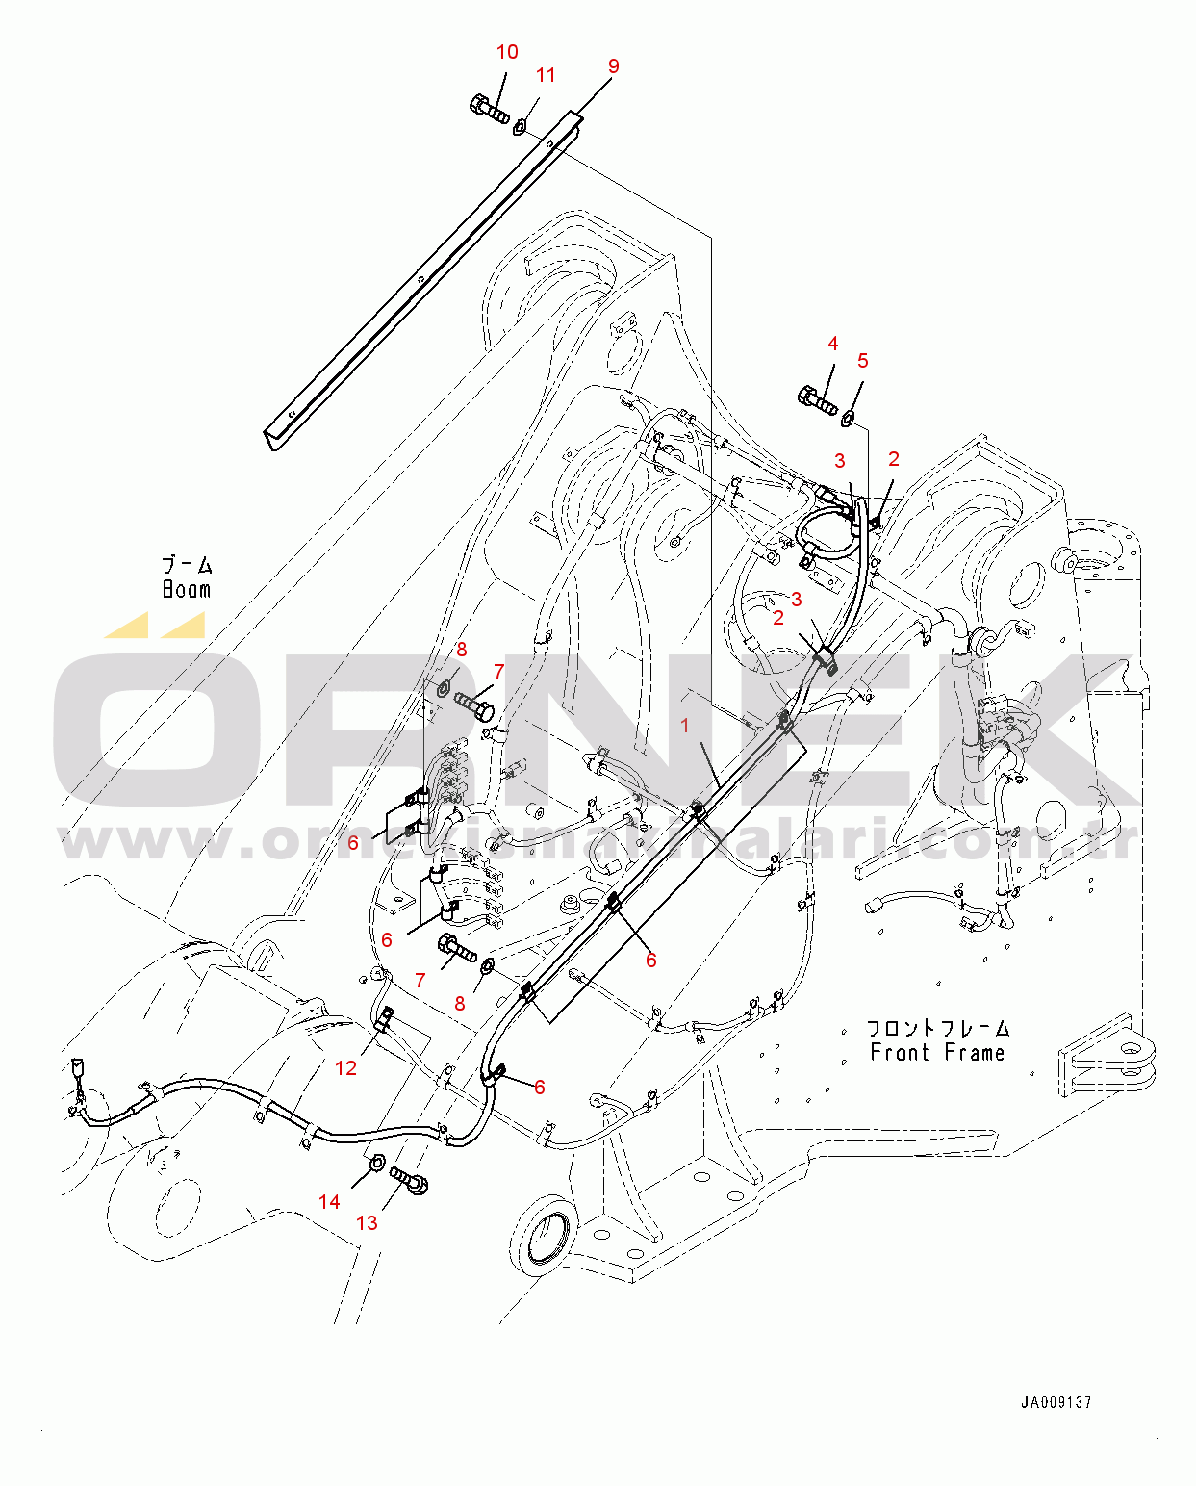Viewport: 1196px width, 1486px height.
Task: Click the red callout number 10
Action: (x=507, y=52)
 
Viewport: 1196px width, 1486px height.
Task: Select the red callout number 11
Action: (x=546, y=75)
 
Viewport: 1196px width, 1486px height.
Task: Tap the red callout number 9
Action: (x=614, y=65)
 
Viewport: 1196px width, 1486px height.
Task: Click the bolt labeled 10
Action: (x=490, y=109)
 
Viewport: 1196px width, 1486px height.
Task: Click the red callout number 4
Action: (x=833, y=344)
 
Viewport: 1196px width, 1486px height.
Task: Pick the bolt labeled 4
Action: (x=817, y=399)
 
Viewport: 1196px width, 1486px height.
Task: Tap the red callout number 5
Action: (x=862, y=360)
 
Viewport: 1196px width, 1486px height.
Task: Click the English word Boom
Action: (x=187, y=589)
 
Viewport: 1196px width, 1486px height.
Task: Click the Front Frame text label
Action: (x=937, y=1053)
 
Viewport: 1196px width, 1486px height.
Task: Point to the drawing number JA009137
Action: (x=1056, y=1402)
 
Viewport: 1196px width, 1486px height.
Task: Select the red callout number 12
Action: (x=345, y=1067)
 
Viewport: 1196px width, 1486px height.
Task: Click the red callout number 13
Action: (x=367, y=1222)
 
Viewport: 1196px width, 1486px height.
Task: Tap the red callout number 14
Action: (x=329, y=1201)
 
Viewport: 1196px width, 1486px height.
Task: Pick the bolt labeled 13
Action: (x=409, y=1180)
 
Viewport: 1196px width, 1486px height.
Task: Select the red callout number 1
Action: (x=685, y=726)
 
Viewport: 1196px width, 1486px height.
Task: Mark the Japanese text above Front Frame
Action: (x=938, y=1029)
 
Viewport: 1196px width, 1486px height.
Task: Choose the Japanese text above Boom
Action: (x=187, y=565)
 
